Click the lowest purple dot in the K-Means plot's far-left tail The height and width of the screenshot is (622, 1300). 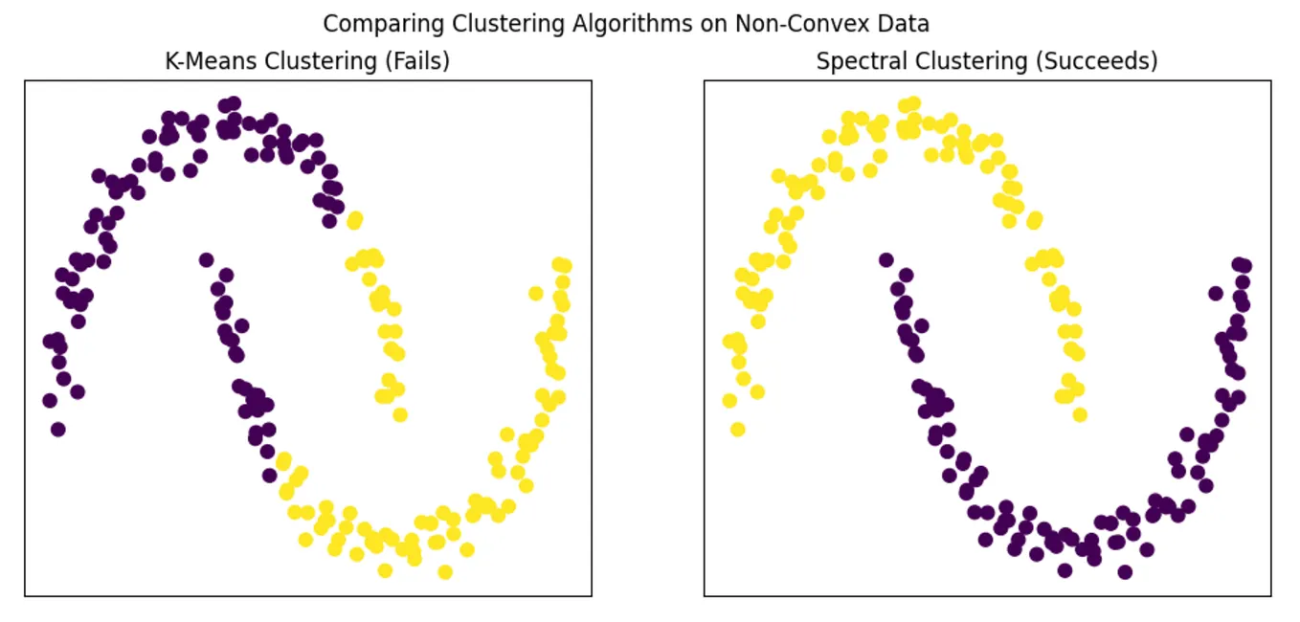tap(57, 429)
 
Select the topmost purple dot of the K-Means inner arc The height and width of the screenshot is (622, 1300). tap(206, 259)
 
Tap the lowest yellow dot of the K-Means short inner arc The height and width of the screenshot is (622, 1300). tap(400, 414)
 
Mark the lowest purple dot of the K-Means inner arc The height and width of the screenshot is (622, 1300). tap(270, 475)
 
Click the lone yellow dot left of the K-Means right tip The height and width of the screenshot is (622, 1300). tap(536, 293)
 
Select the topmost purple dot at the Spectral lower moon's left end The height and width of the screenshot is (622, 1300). tap(885, 259)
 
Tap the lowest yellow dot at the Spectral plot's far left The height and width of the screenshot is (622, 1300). tap(737, 429)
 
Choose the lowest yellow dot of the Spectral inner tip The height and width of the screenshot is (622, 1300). tap(1080, 414)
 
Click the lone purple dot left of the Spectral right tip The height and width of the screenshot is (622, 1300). tap(1216, 293)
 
